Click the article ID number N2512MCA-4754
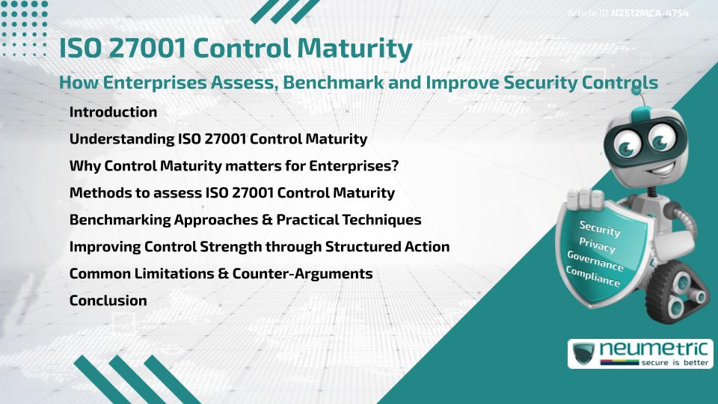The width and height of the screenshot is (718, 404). pyautogui.click(x=649, y=13)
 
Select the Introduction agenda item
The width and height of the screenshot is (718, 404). pyautogui.click(x=113, y=112)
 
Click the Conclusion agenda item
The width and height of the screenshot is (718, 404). pyautogui.click(x=108, y=301)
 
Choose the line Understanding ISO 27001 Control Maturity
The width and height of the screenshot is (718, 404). pyautogui.click(x=218, y=139)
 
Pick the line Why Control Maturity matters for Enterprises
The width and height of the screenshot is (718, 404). pyautogui.click(x=233, y=166)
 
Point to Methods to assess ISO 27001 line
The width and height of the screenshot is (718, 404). pyautogui.click(x=232, y=193)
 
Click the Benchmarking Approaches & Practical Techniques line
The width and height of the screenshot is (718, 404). pyautogui.click(x=245, y=220)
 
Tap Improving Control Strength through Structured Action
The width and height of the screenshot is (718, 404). pyautogui.click(x=259, y=247)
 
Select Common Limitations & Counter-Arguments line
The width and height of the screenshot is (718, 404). pyautogui.click(x=221, y=274)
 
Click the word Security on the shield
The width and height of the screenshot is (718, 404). pyautogui.click(x=600, y=228)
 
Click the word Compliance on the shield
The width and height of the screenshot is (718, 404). pyautogui.click(x=592, y=278)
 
